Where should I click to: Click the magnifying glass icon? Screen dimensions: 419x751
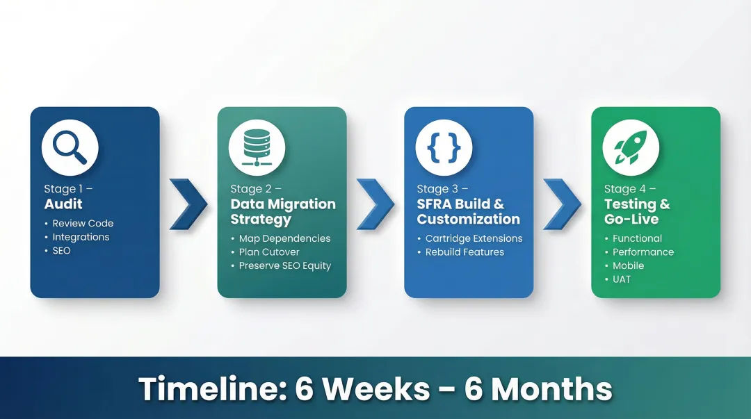[x=70, y=147]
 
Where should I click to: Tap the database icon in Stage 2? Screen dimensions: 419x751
[x=257, y=147]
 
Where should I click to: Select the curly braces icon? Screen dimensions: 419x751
[x=444, y=147]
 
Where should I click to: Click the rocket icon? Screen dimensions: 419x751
[x=631, y=147]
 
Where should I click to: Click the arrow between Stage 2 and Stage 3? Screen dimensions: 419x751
[x=375, y=204]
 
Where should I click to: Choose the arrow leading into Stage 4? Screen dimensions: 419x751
[x=562, y=204]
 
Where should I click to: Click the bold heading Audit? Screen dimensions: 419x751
[x=63, y=204]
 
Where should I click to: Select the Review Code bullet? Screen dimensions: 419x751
[x=83, y=223]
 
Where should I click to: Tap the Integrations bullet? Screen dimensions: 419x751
[x=81, y=237]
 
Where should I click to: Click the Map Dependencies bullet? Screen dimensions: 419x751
[x=284, y=238]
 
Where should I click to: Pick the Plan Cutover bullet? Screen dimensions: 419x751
[x=269, y=252]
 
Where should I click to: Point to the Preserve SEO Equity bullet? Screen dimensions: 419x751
[x=284, y=265]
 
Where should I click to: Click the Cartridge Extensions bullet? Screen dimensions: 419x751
[x=474, y=238]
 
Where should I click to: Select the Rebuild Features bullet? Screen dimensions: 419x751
[x=465, y=252]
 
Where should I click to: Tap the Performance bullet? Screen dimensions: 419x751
[x=643, y=252]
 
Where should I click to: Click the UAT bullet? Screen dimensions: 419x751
[x=621, y=279]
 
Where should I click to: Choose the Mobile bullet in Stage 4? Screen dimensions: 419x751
[x=628, y=265]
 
